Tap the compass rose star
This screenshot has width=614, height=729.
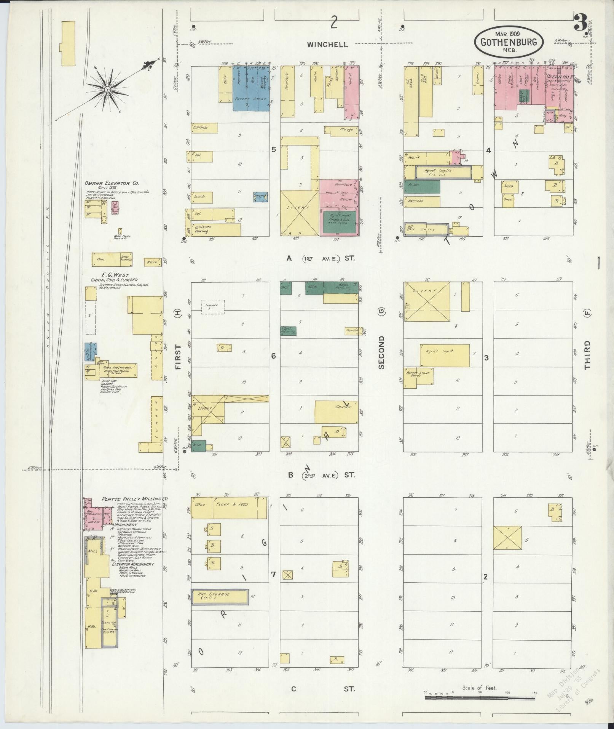pyautogui.click(x=108, y=90)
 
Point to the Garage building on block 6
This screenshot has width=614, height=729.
pyautogui.click(x=336, y=412)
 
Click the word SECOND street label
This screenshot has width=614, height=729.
pyautogui.click(x=381, y=352)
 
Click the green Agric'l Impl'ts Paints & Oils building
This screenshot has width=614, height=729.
pyautogui.click(x=339, y=222)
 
